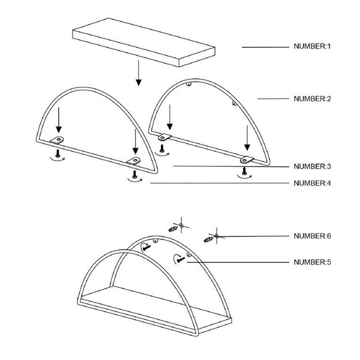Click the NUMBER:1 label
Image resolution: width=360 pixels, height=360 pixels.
pos(312,47)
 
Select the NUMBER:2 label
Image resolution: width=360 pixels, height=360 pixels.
pos(312,99)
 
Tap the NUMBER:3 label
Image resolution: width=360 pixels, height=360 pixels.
pos(312,166)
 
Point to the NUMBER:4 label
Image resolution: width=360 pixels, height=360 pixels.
pos(312,183)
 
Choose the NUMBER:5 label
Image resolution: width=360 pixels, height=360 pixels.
pos(312,262)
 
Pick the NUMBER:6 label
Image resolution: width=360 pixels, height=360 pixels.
pos(312,236)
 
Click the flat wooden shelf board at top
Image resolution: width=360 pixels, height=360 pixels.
pos(144,43)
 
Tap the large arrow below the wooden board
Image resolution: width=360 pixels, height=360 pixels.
pos(138,73)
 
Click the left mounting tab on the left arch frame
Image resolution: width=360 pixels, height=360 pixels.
pos(57,140)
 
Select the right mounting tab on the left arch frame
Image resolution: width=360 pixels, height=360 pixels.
pos(134,161)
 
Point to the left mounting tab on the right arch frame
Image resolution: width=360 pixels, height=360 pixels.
pos(165,137)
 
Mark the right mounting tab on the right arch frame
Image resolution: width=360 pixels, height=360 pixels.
pos(247,160)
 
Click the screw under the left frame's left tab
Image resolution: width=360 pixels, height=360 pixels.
pos(58,153)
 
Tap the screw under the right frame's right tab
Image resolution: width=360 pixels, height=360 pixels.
pos(244,171)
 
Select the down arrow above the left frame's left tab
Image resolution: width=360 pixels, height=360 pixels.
pos(59,120)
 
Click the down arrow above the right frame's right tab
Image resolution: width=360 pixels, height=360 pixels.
pos(247,138)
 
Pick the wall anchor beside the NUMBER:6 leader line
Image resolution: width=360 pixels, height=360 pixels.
pos(209,240)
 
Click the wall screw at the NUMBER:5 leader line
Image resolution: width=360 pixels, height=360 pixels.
pos(181,260)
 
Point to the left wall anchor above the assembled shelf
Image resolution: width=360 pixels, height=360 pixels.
pos(173,229)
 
